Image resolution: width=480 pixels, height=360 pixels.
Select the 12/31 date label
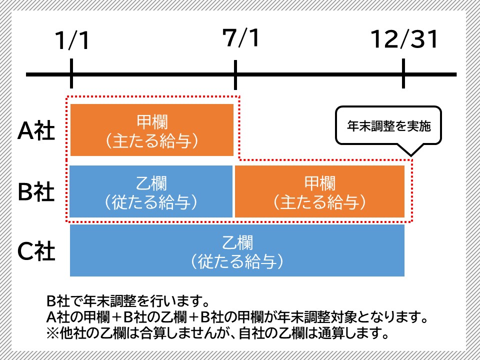point(404,38)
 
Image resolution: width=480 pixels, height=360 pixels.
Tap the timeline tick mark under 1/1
point(72,74)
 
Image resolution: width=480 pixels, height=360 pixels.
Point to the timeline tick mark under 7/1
point(235,74)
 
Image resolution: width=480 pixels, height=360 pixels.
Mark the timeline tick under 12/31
point(403,74)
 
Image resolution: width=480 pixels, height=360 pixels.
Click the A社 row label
point(36,131)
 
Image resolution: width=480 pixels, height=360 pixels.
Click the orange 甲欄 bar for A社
point(152,130)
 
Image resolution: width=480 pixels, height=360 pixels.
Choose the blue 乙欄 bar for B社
point(151,191)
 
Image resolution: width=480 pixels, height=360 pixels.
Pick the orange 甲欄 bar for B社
point(319,191)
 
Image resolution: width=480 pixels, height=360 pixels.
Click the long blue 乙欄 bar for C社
point(237,250)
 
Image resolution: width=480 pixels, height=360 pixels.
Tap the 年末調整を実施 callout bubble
point(388,125)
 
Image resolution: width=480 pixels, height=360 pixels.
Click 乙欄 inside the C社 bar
point(237,243)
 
